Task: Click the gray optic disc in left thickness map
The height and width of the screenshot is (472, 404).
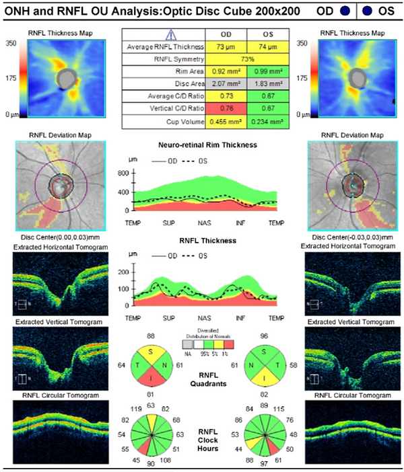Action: pos(65,79)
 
